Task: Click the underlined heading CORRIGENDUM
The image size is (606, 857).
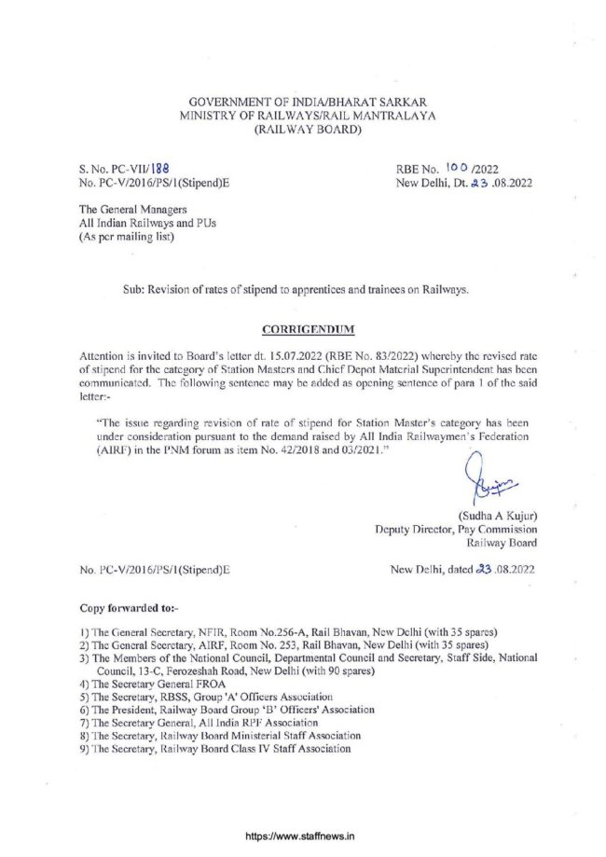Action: coord(303,329)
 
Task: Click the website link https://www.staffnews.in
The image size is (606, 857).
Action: coord(303,837)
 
